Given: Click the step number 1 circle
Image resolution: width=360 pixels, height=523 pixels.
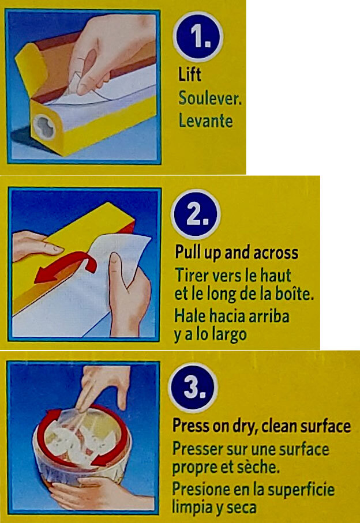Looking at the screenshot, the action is (198, 37).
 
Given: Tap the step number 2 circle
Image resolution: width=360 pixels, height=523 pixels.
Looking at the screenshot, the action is (196, 215).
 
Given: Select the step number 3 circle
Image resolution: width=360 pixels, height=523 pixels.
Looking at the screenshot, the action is (193, 387).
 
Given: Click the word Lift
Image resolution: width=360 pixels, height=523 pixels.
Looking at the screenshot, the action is (189, 74).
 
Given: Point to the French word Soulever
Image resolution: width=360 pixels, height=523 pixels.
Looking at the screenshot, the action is (210, 97).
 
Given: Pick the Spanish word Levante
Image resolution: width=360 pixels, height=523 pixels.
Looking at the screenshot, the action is (205, 120).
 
